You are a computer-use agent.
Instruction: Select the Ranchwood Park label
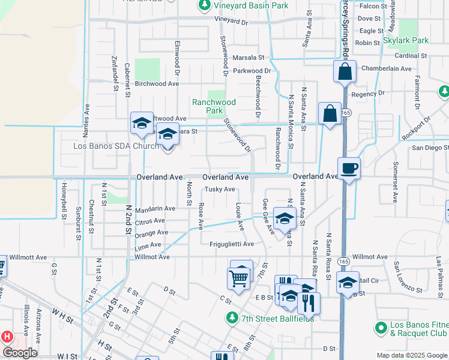coord(214,106)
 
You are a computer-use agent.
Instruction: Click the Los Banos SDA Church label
coord(116,146)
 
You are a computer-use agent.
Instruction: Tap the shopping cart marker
coord(238,278)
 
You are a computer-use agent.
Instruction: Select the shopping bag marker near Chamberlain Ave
coord(345,71)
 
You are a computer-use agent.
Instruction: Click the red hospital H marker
coord(7,337)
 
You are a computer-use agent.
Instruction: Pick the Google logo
coord(19,353)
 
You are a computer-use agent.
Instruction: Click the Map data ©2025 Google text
coord(411,355)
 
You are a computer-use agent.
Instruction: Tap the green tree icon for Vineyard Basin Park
coord(203,5)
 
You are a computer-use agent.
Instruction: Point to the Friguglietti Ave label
coord(232,244)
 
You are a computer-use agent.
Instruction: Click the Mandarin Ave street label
coord(155,209)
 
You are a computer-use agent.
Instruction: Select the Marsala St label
coord(249,58)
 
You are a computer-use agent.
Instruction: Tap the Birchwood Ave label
coord(157,84)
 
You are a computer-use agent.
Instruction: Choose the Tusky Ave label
coord(220,189)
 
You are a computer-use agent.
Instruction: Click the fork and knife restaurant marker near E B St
coord(309,302)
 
